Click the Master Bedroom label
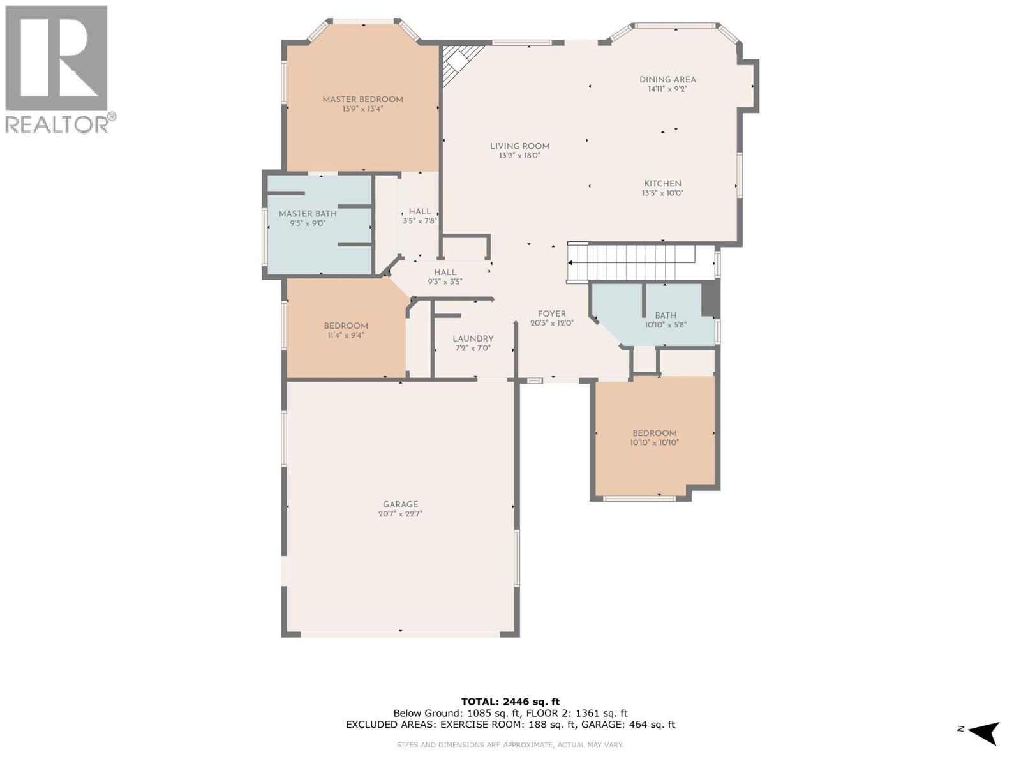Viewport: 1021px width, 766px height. click(362, 100)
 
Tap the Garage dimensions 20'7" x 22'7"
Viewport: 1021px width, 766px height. click(400, 514)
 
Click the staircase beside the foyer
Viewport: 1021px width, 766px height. click(632, 263)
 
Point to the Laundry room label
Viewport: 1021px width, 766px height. click(473, 339)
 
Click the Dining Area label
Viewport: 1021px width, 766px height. click(667, 80)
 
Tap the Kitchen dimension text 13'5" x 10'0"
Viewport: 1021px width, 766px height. click(662, 193)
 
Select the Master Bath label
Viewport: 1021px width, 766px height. click(308, 214)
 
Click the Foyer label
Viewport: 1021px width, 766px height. click(551, 313)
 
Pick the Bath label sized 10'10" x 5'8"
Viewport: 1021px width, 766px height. click(666, 315)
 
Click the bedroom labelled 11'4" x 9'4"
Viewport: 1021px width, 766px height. click(345, 326)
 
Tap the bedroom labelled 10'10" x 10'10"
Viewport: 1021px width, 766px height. click(654, 433)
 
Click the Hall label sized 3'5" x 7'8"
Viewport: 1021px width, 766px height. click(420, 211)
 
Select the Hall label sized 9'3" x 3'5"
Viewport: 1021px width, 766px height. click(445, 273)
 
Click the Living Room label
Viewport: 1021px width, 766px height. click(519, 146)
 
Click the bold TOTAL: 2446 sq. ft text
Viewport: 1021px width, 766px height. click(510, 702)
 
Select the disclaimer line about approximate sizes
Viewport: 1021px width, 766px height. click(510, 745)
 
